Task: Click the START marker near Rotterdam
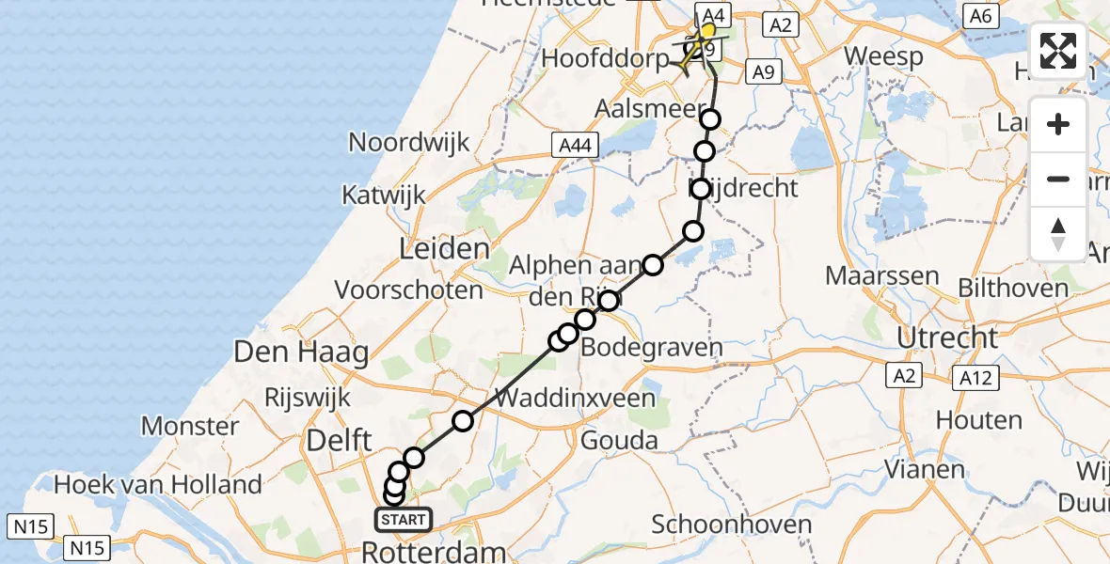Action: point(404,519)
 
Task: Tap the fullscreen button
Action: point(1058,51)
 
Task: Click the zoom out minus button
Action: point(1058,179)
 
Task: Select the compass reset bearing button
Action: point(1058,233)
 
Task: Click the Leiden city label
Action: point(445,249)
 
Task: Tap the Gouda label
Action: point(619,440)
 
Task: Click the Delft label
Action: point(336,439)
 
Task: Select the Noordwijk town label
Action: point(409,142)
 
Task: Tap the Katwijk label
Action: point(384,196)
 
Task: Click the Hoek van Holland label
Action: point(157,485)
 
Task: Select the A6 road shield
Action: point(980,15)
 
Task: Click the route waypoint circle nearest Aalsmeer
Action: point(710,119)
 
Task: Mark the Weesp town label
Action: point(883,55)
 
